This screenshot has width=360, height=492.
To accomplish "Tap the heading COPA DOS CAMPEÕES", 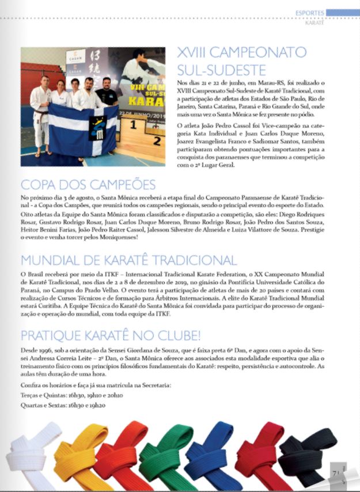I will [88, 185].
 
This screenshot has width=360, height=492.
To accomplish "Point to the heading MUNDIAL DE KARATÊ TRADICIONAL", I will [128, 260].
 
